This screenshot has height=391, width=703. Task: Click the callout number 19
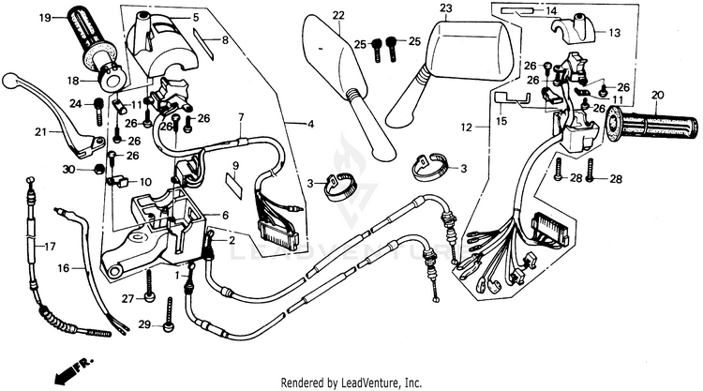point(45,18)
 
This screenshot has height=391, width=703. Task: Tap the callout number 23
point(446,8)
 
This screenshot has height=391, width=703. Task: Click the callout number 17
point(51,247)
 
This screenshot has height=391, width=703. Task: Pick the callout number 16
point(64,267)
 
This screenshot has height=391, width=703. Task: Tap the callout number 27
point(127,298)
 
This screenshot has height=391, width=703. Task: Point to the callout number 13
point(614,32)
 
